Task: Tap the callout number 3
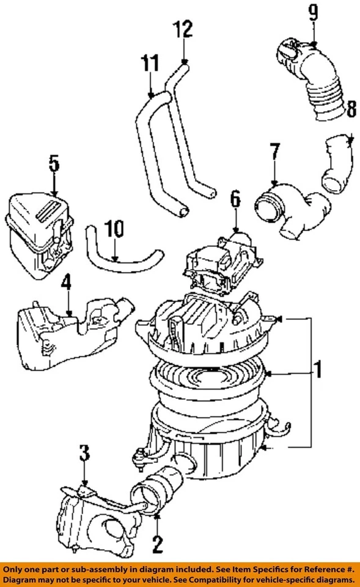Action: click(84, 453)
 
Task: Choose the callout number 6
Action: click(236, 200)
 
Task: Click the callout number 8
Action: click(351, 110)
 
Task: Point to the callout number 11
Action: click(150, 63)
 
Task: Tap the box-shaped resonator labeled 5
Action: click(40, 229)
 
